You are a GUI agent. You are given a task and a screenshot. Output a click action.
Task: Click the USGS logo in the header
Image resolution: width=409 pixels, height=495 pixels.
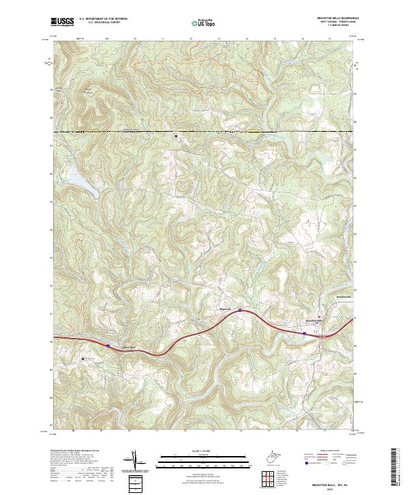pos(63,22)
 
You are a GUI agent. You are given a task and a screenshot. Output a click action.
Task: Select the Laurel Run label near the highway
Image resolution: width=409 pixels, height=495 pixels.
pos(128,348)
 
